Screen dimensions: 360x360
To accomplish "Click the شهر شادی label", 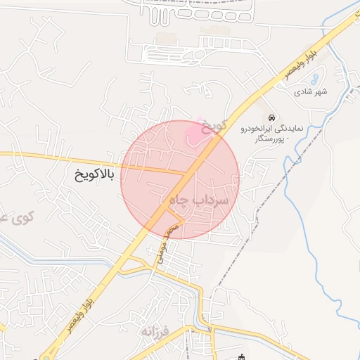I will coord(311,91).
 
